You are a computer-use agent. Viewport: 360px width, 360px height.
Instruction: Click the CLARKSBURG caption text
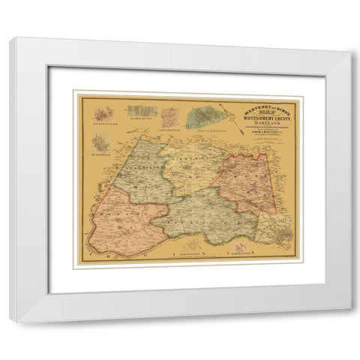pos(139,118)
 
